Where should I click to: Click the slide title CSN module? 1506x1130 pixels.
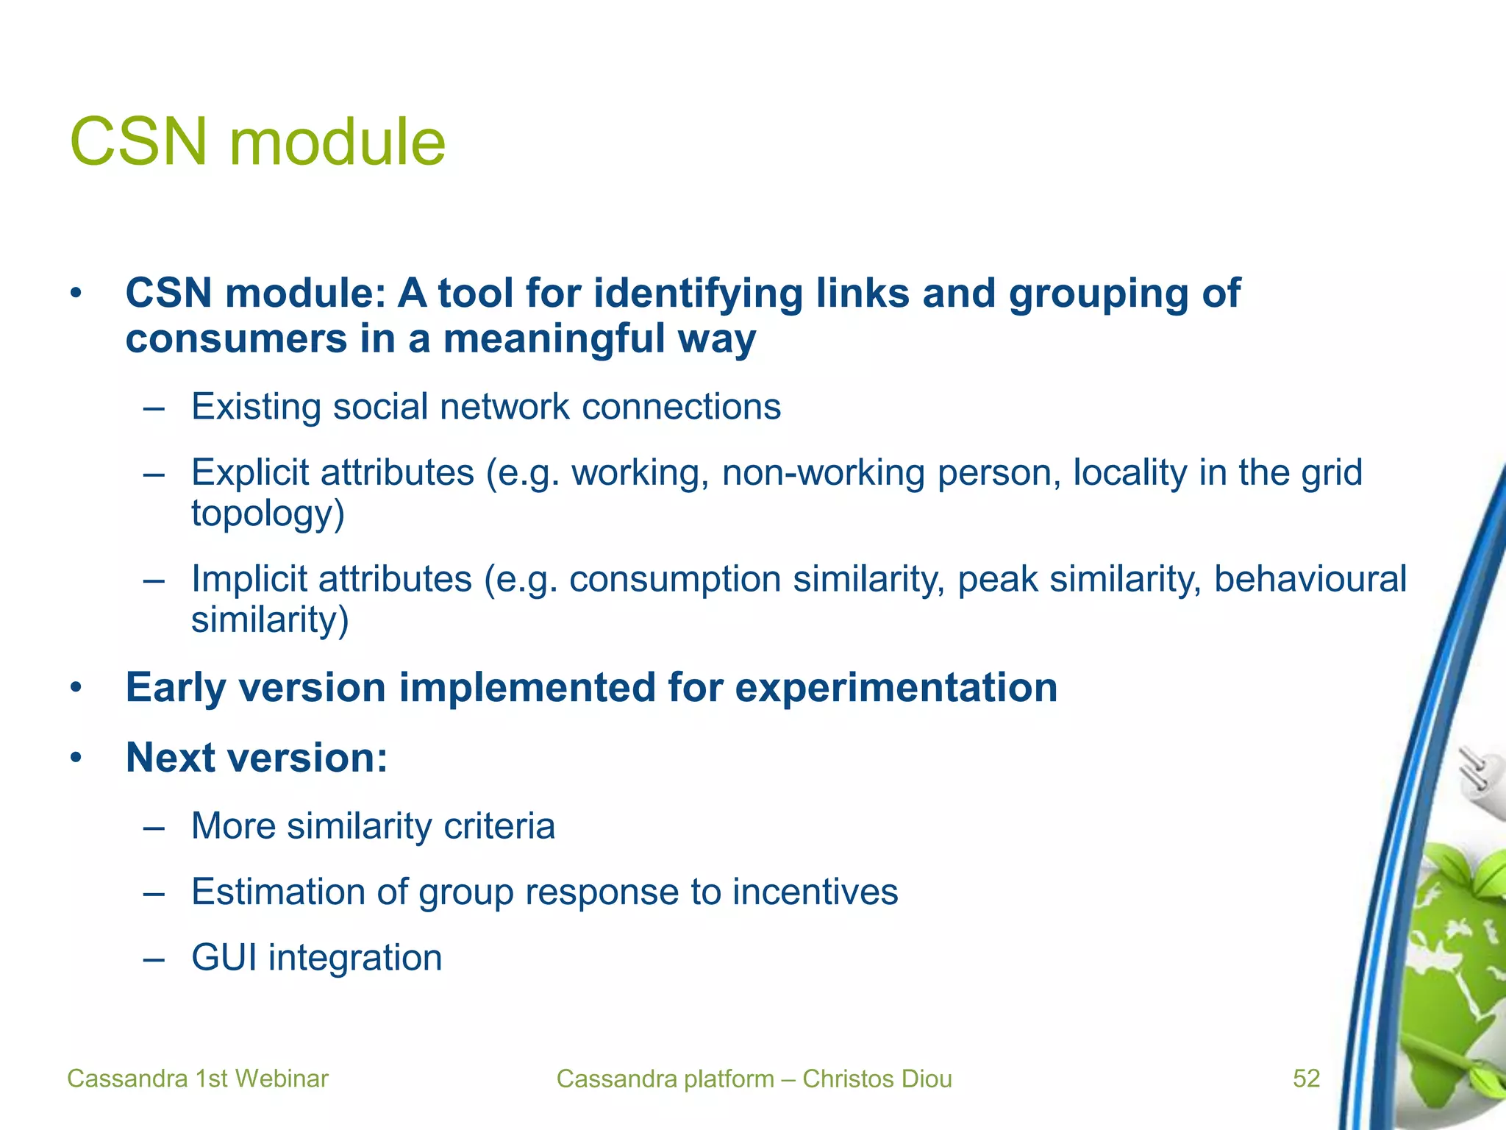point(257,142)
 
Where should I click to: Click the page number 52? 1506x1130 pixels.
point(1307,1079)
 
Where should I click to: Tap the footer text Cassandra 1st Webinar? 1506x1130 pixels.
point(197,1079)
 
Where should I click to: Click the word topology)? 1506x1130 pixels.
point(268,514)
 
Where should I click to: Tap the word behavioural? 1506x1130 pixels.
point(1310,579)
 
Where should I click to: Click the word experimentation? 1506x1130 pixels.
point(896,688)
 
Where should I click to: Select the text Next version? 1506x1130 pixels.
point(257,757)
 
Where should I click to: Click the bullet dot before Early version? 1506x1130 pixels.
point(75,689)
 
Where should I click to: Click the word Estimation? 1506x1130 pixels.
point(278,892)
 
